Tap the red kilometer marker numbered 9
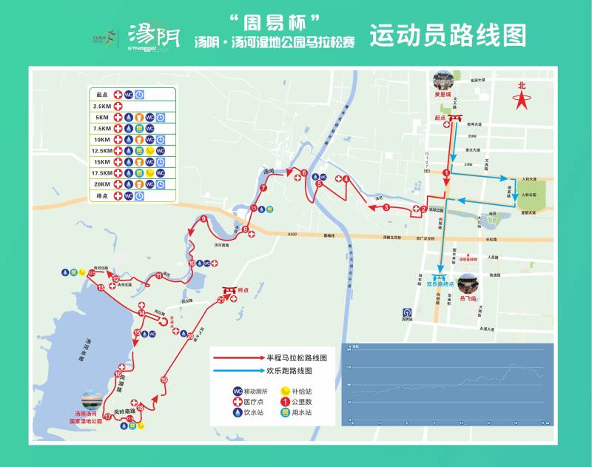tap(203, 218)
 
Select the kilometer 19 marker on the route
tap(164, 380)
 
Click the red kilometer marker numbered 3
tap(386, 208)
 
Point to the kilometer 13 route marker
tap(101, 287)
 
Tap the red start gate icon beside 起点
tap(457, 118)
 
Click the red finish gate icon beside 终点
tap(229, 290)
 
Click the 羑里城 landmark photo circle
tap(443, 81)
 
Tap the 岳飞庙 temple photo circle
tap(468, 283)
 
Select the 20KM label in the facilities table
tap(103, 184)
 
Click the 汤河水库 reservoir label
tap(81, 347)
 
